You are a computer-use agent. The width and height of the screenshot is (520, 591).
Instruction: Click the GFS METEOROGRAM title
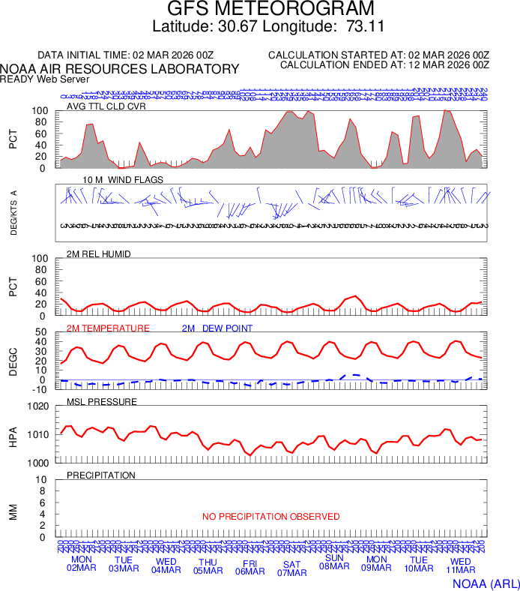(x=260, y=10)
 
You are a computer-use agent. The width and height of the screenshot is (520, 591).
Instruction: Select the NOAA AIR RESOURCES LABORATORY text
(x=120, y=69)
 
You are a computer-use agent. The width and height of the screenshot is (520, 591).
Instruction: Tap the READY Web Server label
(x=45, y=79)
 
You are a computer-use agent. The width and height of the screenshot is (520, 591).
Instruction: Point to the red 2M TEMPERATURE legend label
(x=108, y=328)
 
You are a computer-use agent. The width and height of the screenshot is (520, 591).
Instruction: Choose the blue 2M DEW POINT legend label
(x=217, y=328)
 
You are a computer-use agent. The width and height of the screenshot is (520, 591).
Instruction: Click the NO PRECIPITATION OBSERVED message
(x=270, y=517)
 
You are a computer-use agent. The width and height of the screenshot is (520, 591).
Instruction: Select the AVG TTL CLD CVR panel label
(x=106, y=106)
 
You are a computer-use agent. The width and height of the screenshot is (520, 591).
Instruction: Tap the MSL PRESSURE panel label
(x=102, y=402)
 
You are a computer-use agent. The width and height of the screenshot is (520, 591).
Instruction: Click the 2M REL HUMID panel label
(x=99, y=254)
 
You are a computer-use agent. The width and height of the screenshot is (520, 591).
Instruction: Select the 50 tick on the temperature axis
(x=42, y=332)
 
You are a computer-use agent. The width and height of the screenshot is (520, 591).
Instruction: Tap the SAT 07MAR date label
(x=291, y=568)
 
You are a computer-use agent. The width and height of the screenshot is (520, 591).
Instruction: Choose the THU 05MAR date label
(x=208, y=566)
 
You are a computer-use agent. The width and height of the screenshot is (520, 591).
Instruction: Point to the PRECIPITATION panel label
(x=101, y=475)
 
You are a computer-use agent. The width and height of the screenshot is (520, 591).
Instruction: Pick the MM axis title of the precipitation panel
(x=13, y=511)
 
